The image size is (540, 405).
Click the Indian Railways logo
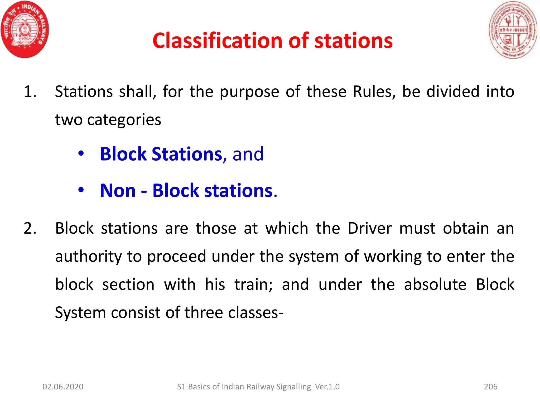(25, 30)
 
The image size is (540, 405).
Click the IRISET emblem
(513, 30)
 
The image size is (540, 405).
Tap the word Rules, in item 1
(374, 92)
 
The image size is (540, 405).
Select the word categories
(124, 120)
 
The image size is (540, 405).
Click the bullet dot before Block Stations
(81, 153)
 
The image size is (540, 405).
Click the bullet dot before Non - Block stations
(81, 190)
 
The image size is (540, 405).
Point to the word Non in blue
(118, 190)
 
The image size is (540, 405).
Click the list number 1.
(30, 92)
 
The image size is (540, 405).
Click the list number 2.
(30, 228)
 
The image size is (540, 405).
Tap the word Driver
(370, 228)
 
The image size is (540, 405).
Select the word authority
(88, 257)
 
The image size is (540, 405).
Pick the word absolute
(435, 285)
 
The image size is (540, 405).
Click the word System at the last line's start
(80, 313)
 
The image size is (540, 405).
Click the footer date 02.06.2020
(63, 387)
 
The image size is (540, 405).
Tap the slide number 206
(491, 387)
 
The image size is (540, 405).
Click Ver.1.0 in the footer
(327, 387)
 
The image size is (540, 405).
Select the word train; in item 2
(253, 285)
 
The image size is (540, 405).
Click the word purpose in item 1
(249, 92)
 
